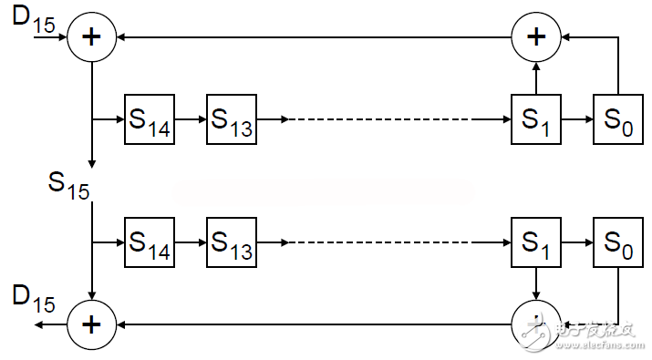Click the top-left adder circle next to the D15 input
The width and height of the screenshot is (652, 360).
coord(92,38)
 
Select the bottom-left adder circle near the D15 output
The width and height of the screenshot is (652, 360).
coord(92,324)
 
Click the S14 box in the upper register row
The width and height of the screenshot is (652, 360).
coord(149,119)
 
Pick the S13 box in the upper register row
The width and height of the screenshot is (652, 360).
coord(232,119)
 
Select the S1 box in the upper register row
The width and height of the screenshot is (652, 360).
coord(536,119)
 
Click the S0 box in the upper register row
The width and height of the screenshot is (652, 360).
coord(618,119)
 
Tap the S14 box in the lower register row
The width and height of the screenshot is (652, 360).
coord(149,243)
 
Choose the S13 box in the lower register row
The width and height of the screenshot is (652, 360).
coord(232,243)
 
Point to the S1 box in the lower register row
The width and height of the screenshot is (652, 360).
coord(536,243)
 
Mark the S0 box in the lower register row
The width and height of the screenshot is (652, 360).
coord(618,243)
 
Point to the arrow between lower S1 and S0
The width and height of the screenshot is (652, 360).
coord(577,243)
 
